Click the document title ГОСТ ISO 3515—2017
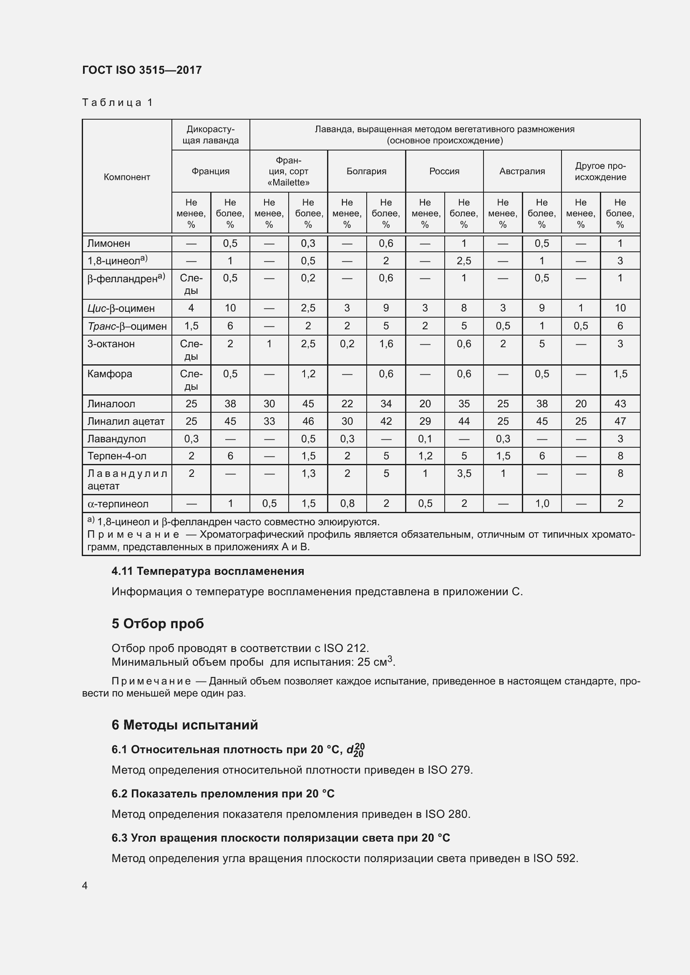pyautogui.click(x=141, y=70)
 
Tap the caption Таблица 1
pyautogui.click(x=117, y=103)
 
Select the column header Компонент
pyautogui.click(x=127, y=177)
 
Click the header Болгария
pyautogui.click(x=366, y=171)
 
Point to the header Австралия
pyautogui.click(x=522, y=171)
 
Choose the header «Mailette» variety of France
pyautogui.click(x=289, y=172)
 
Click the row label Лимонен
pyautogui.click(x=109, y=243)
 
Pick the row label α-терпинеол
pyautogui.click(x=118, y=504)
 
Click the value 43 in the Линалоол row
pyautogui.click(x=620, y=404)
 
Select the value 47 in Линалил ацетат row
pyautogui.click(x=620, y=421)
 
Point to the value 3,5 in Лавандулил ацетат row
pyautogui.click(x=464, y=473)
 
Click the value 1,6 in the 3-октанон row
pyautogui.click(x=386, y=343)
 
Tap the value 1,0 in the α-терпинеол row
pyautogui.click(x=542, y=504)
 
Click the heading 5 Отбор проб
pyautogui.click(x=158, y=623)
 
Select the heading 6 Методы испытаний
pyautogui.click(x=184, y=724)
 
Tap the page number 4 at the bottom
pyautogui.click(x=85, y=885)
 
